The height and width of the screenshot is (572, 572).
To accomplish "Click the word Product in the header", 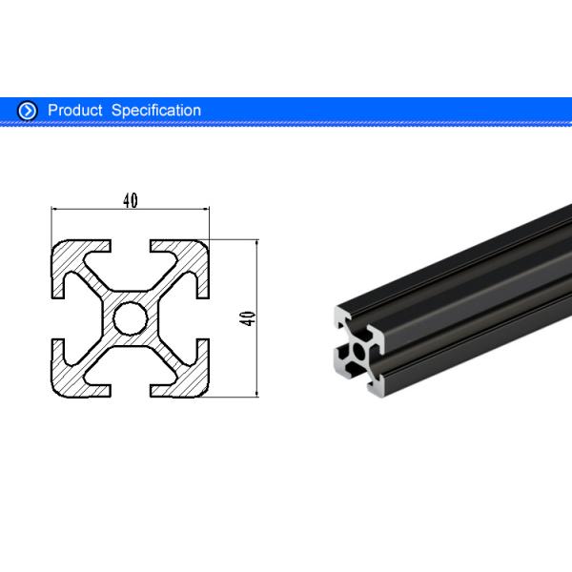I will (x=74, y=111).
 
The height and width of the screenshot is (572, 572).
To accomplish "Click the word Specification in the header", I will (x=156, y=111).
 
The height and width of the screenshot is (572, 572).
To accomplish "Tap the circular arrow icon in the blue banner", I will (x=28, y=111).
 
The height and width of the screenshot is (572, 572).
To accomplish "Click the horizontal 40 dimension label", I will (x=130, y=200).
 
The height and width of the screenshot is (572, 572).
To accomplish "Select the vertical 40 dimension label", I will (x=248, y=317).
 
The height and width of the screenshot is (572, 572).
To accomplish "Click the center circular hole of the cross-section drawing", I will (x=129, y=317).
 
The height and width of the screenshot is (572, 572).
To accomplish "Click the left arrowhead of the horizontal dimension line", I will (x=54, y=208).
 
